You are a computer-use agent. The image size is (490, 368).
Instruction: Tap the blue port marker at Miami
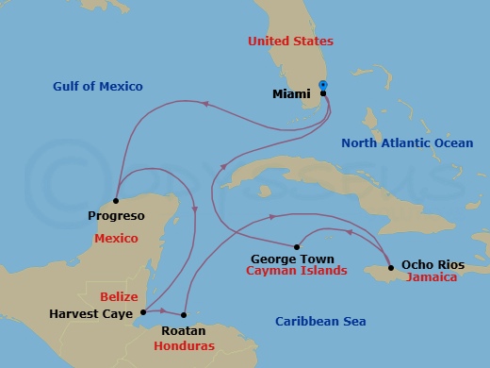[323, 85]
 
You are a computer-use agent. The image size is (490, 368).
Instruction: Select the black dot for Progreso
[115, 200]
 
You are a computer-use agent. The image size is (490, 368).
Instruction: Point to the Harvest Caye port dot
[142, 311]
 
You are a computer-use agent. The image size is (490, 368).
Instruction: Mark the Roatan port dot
[184, 315]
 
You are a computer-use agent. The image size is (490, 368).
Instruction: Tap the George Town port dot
[298, 242]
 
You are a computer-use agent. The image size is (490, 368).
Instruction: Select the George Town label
[293, 257]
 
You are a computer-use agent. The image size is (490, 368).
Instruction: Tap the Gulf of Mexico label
[98, 87]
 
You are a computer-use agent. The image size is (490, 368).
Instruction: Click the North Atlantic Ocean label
[406, 143]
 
